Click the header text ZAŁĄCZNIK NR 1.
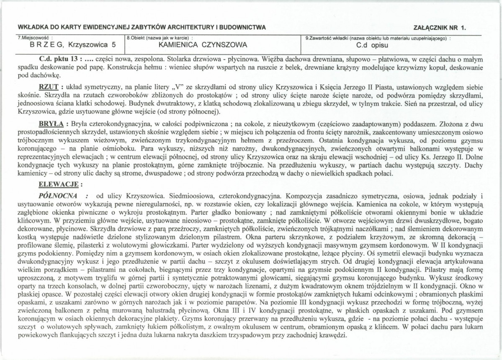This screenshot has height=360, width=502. pyautogui.click(x=439, y=28)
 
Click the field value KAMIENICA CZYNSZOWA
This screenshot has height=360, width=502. pyautogui.click(x=203, y=44)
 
